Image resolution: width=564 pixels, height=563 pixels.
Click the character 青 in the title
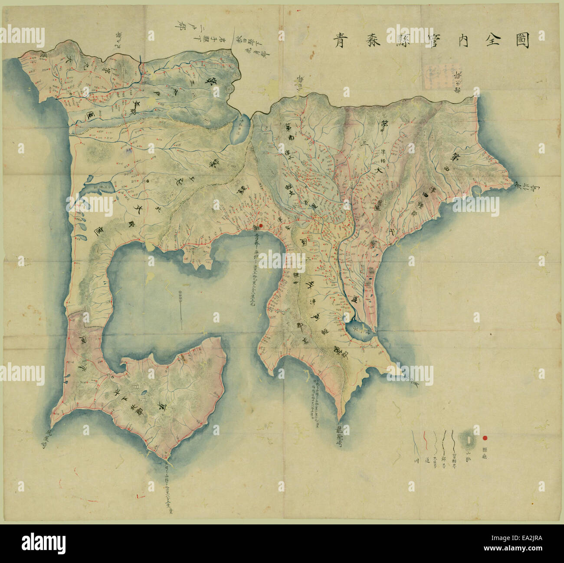tap(339, 42)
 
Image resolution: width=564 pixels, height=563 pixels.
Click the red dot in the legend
tap(485, 438)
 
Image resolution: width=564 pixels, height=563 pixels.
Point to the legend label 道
tap(427, 461)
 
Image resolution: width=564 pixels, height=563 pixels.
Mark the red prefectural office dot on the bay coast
tap(261, 226)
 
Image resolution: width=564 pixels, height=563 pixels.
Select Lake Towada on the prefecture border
tap(240, 130)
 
